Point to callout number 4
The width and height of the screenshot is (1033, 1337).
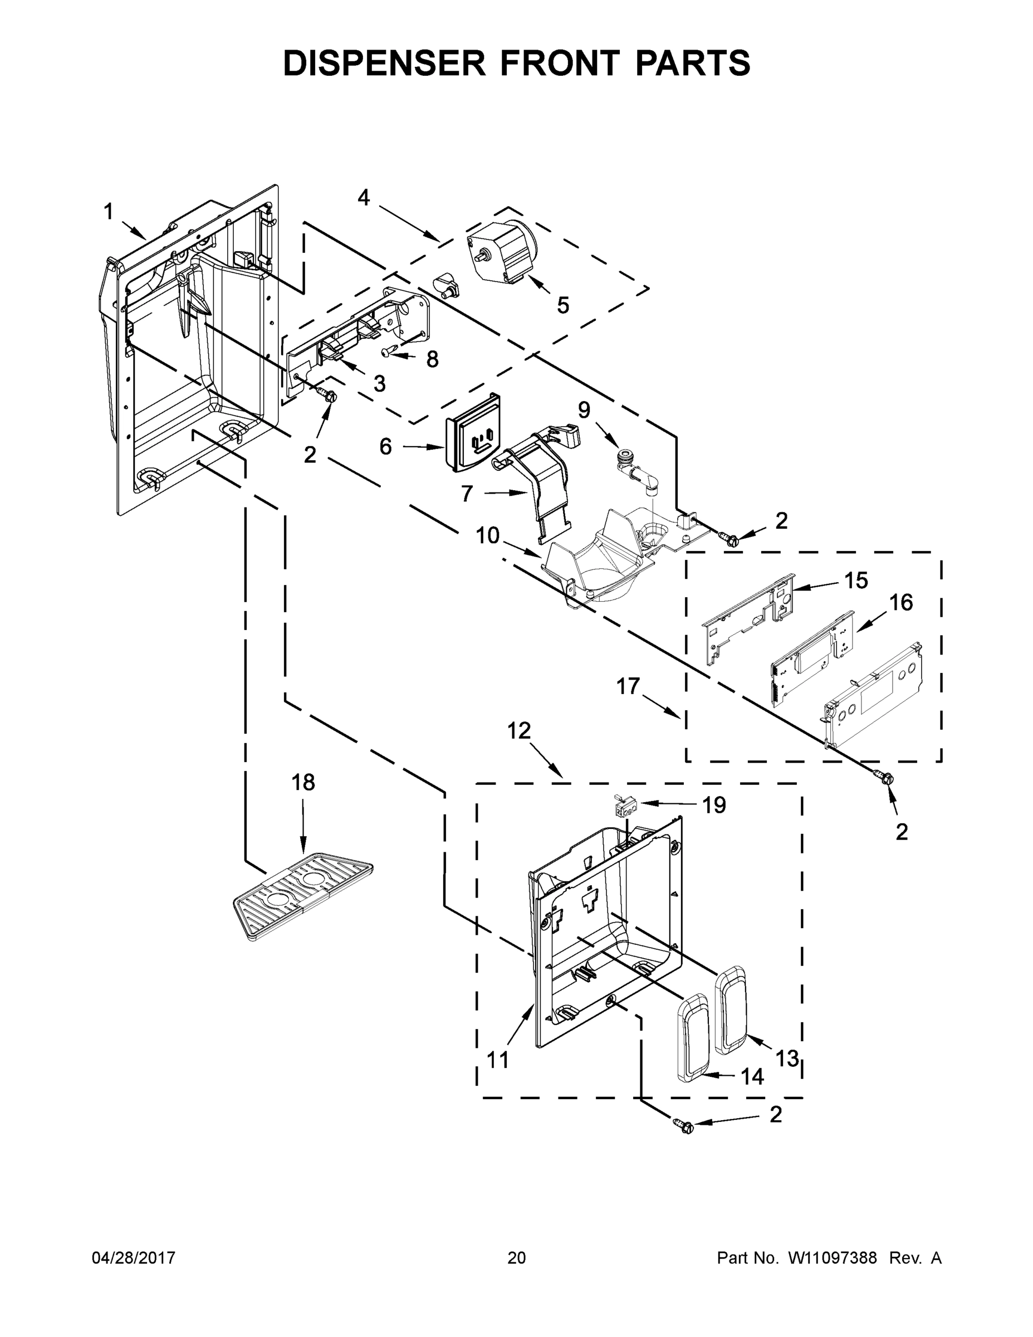pos(364,198)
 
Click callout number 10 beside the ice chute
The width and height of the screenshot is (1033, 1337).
pos(488,536)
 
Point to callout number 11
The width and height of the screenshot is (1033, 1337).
pos(497,1059)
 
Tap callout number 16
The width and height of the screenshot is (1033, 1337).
pos(901,602)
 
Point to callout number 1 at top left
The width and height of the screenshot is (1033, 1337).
pos(109,212)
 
